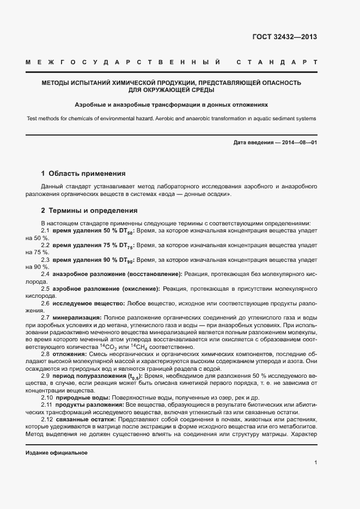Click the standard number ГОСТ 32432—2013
pos(285,37)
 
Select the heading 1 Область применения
pos(83,174)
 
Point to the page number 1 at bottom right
pos(315,463)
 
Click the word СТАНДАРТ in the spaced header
pos(278,63)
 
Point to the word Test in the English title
pos(32,119)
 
